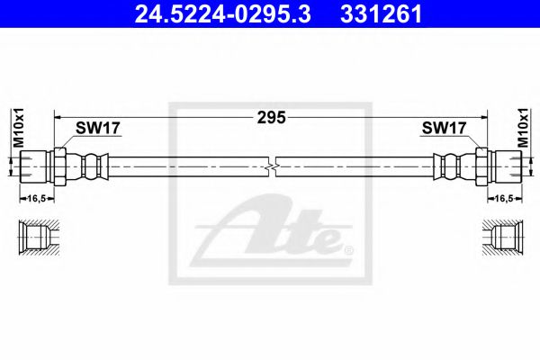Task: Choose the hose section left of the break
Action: click(189, 166)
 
